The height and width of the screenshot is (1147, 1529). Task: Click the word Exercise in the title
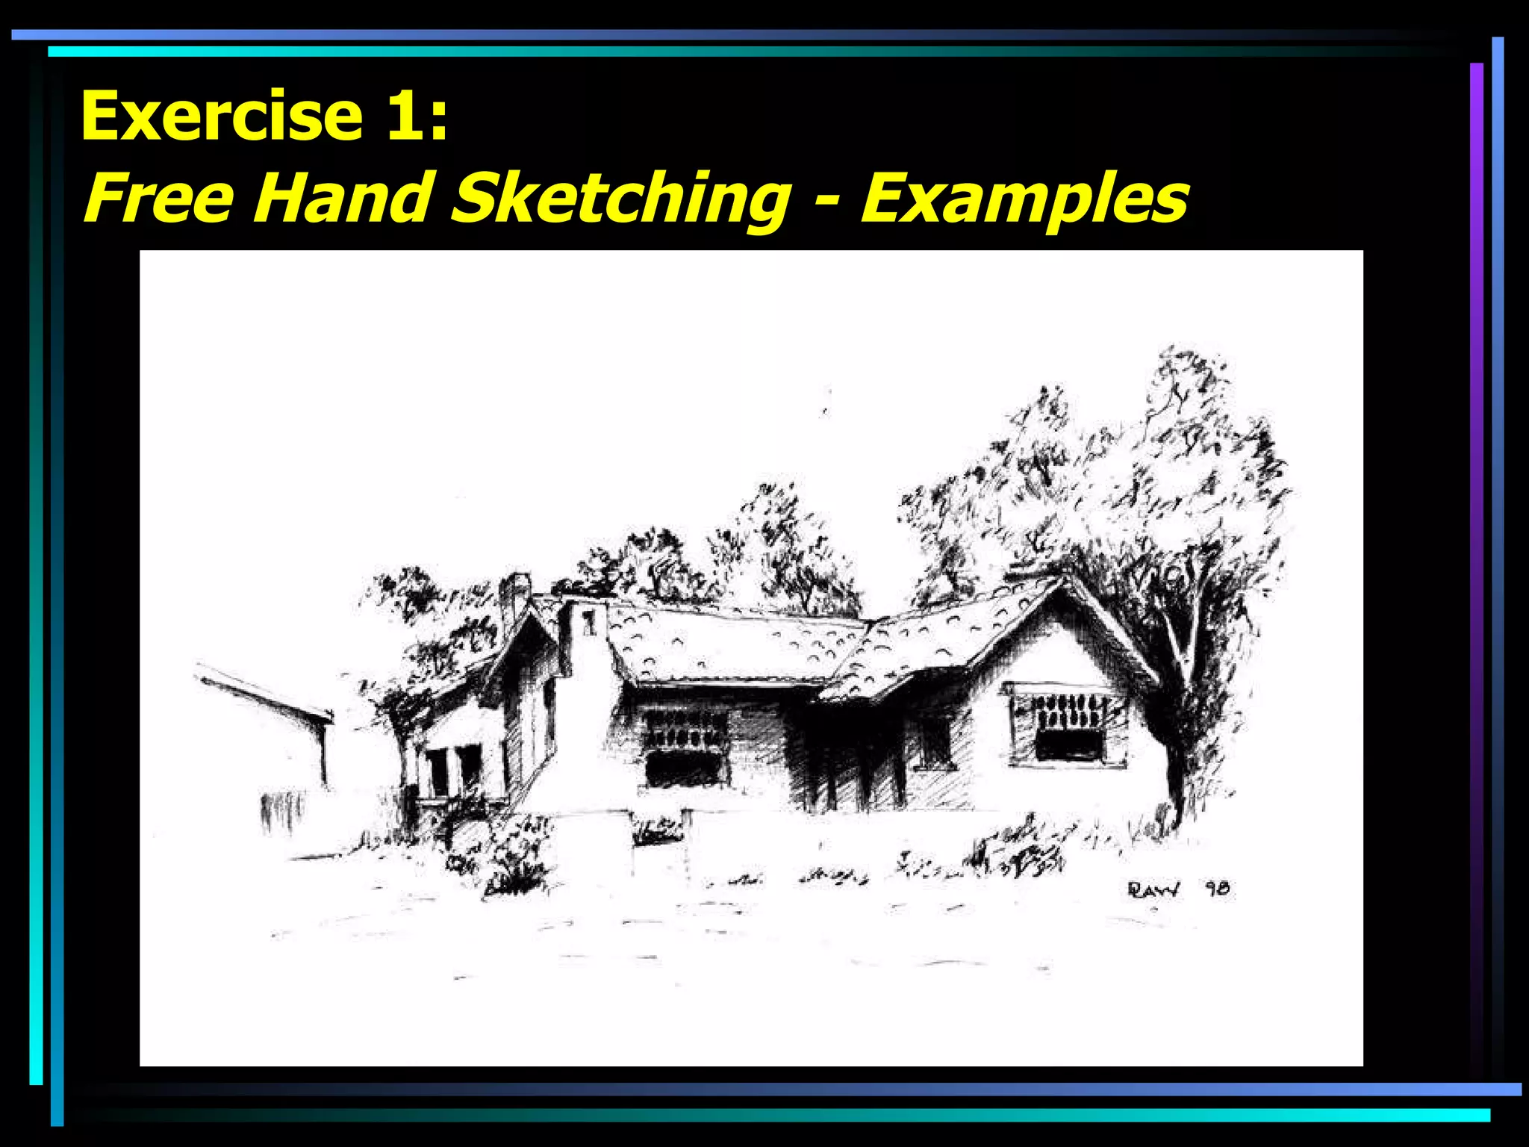click(x=222, y=116)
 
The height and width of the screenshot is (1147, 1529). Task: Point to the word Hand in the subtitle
click(x=344, y=198)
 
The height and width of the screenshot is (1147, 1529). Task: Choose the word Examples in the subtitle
click(x=1024, y=199)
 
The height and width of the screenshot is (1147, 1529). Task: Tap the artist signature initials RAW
click(x=1153, y=889)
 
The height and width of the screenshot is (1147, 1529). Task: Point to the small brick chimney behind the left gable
click(x=514, y=597)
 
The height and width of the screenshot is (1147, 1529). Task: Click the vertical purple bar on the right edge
click(x=1476, y=523)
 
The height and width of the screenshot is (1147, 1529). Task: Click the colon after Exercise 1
click(x=439, y=119)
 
